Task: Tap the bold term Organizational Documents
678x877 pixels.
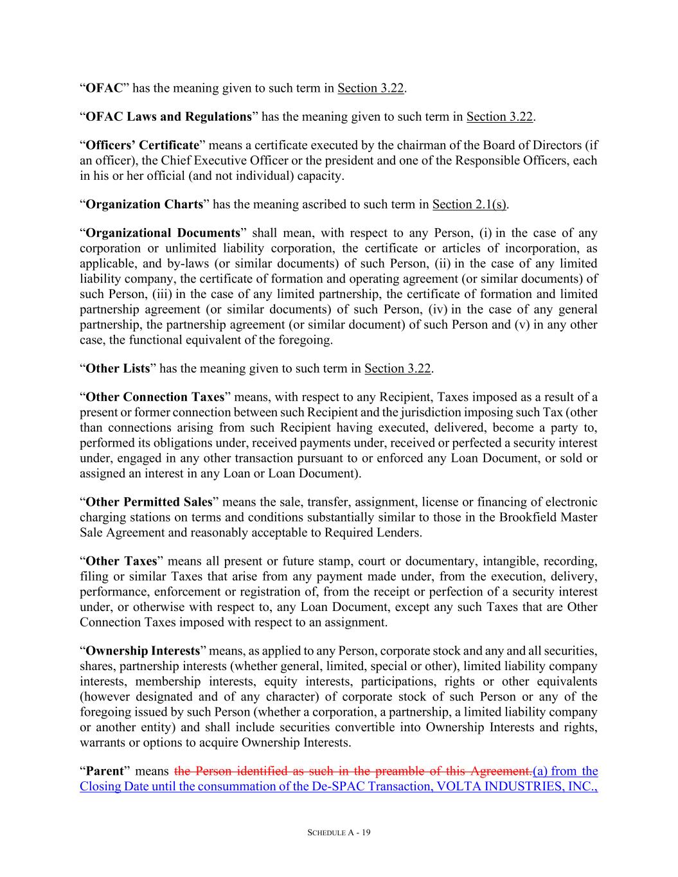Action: (162, 233)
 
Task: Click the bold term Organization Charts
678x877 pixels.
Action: (144, 204)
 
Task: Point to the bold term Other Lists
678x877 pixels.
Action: (118, 368)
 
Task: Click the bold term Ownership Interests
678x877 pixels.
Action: (143, 651)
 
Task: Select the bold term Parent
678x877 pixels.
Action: (104, 771)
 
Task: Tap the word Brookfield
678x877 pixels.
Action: (530, 517)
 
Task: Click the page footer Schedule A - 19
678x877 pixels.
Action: (339, 833)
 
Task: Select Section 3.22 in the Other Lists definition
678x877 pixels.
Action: (397, 368)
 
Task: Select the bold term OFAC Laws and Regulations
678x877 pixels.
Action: (168, 116)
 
